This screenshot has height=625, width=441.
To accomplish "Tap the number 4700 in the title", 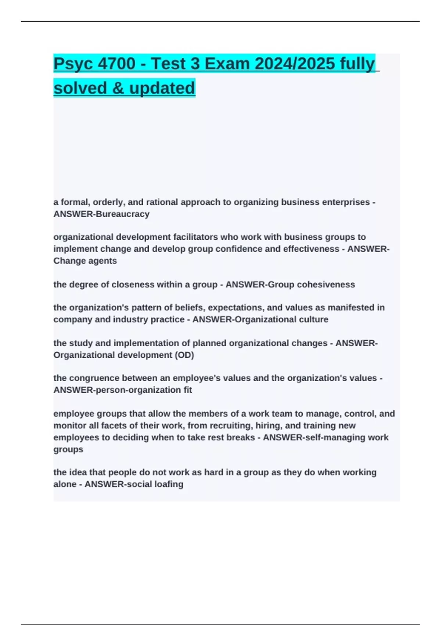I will pos(117,64).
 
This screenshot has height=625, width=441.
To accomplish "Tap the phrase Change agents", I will pos(85,261).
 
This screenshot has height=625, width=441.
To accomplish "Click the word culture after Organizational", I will pos(312,319).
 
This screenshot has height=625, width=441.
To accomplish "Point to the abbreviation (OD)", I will pos(185,355).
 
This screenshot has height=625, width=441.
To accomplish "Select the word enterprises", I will pos(346,202).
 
